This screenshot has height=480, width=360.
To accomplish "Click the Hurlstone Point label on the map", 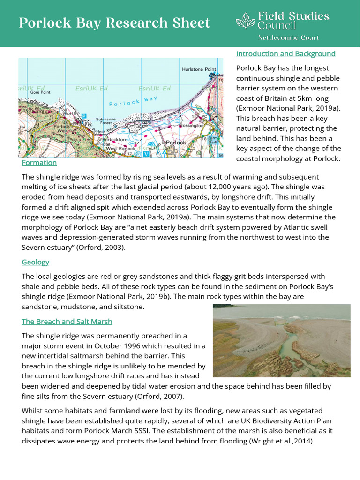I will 199,69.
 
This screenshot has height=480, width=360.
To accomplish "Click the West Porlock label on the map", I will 120,149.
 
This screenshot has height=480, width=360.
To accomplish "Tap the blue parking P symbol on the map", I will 84,116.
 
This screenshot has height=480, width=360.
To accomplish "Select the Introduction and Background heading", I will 285,53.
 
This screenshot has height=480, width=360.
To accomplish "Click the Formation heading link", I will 39,162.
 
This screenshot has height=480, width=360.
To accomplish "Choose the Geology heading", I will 35,262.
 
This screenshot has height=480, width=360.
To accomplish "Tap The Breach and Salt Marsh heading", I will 67,322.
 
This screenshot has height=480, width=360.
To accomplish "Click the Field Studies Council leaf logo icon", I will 245,21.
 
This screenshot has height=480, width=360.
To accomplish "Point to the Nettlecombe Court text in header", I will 288,37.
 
